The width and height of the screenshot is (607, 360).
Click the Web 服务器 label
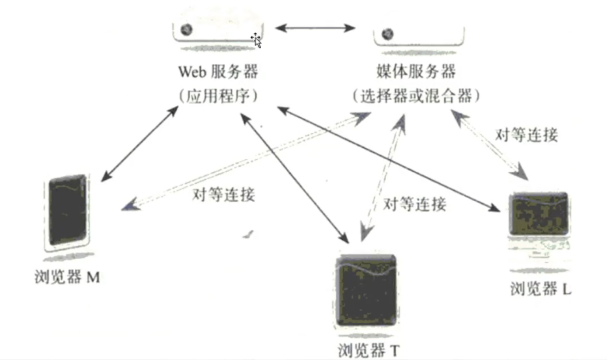click(218, 72)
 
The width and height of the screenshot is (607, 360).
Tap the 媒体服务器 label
click(416, 72)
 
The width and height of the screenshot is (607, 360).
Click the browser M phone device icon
click(68, 213)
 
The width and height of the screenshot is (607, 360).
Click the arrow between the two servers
click(315, 28)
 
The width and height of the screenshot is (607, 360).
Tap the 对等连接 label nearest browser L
click(527, 135)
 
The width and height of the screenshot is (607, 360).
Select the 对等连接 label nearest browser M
click(224, 195)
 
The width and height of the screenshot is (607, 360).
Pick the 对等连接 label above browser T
click(414, 204)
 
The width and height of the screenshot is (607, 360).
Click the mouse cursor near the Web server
click(256, 40)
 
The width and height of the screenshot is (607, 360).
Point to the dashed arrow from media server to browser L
click(491, 143)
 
